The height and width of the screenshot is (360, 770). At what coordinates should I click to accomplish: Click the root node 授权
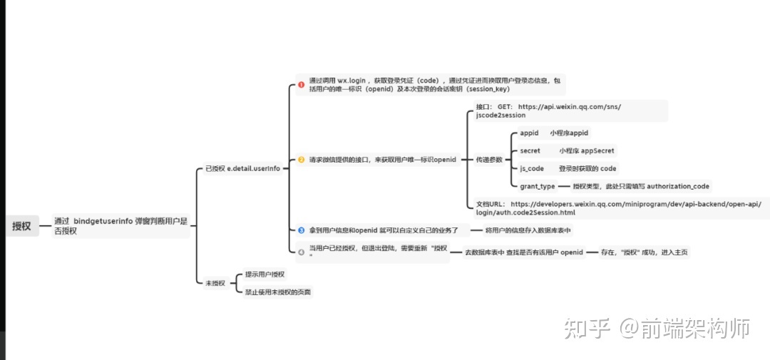[x=21, y=226]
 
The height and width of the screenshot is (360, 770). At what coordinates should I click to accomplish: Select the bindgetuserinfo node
[x=120, y=226]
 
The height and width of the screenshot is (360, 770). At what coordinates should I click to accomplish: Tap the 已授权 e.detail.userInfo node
[x=242, y=169]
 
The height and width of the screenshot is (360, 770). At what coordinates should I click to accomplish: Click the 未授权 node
[x=215, y=283]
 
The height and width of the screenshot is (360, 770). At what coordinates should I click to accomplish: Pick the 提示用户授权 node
[x=265, y=274]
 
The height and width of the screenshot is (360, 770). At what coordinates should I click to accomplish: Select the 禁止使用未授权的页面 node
[x=278, y=292]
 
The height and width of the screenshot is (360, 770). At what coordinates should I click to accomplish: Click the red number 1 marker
[x=302, y=86]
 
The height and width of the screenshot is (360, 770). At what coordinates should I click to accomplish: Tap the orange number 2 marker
[x=302, y=160]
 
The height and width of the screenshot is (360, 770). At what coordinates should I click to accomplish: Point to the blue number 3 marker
[x=302, y=230]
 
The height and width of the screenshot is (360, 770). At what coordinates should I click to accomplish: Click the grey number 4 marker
[x=302, y=251]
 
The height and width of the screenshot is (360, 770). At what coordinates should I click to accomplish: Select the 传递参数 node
[x=489, y=160]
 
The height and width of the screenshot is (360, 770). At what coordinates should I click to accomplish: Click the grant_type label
[x=538, y=187]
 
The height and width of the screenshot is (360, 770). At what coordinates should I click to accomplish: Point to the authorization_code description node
[x=641, y=187]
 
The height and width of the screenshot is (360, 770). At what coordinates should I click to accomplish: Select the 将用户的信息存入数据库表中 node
[x=528, y=230]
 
